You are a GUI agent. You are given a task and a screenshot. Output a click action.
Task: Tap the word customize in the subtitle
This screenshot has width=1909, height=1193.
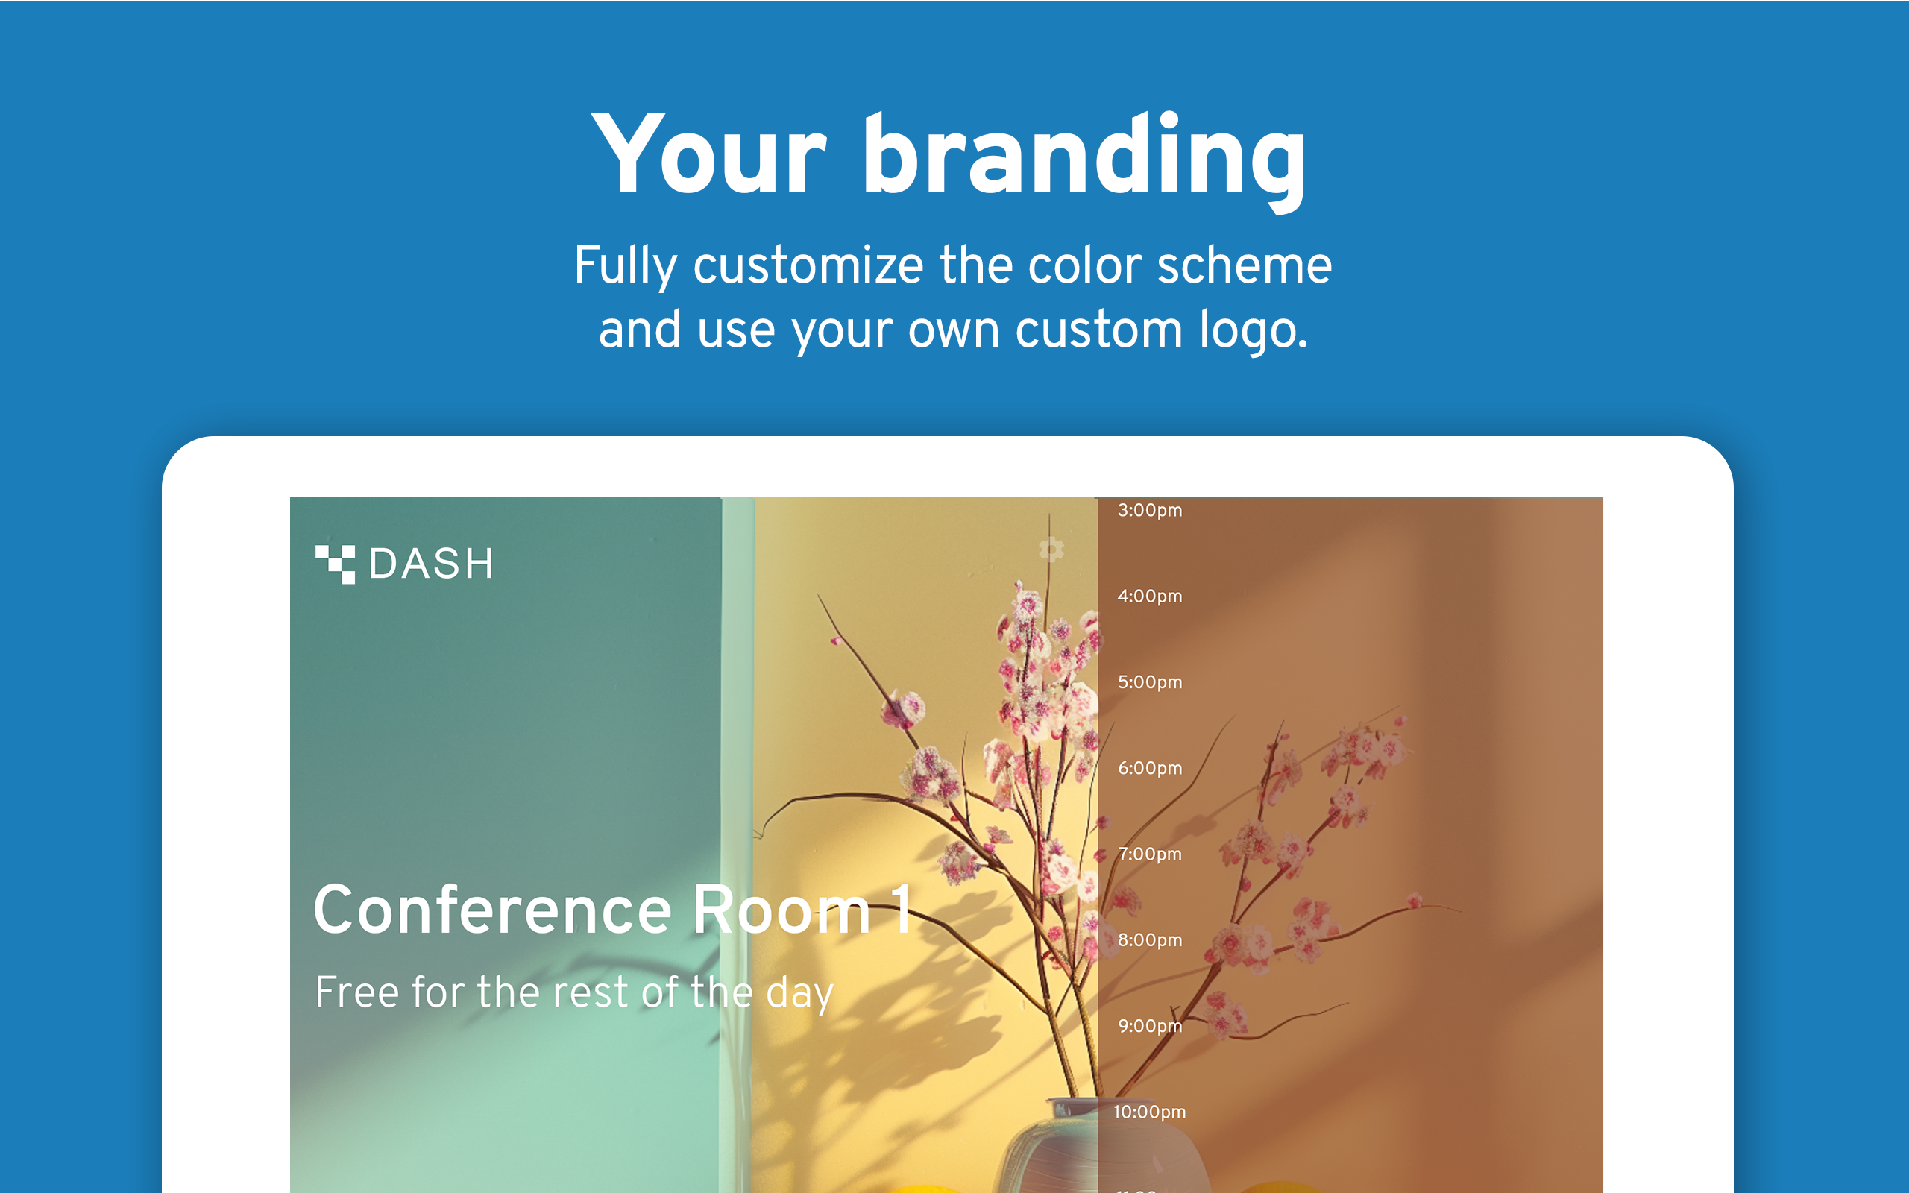click(808, 265)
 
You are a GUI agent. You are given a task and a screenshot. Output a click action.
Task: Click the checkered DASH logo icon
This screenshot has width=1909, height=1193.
click(336, 564)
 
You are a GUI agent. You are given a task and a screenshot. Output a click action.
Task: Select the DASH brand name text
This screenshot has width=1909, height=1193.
click(431, 564)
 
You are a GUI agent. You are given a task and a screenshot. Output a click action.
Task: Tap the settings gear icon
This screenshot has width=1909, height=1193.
click(1051, 548)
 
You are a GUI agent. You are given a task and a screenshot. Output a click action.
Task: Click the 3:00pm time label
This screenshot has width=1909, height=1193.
click(1149, 511)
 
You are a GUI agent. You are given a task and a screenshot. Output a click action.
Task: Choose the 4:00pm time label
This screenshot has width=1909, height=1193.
click(1149, 596)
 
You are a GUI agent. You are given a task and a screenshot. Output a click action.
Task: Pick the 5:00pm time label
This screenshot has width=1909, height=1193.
click(1149, 682)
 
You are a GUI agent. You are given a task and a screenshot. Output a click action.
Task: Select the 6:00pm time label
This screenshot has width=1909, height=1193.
click(1149, 769)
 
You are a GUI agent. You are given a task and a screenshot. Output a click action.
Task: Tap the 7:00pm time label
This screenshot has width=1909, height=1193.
click(1149, 854)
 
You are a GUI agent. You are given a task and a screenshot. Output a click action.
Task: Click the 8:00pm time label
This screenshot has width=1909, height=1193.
click(1149, 940)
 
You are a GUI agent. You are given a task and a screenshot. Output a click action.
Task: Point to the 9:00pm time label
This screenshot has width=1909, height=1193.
click(1149, 1027)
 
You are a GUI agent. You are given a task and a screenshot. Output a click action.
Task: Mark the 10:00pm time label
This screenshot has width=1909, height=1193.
click(1148, 1112)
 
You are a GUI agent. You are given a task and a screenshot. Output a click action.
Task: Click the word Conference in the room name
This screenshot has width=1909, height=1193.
click(492, 910)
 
